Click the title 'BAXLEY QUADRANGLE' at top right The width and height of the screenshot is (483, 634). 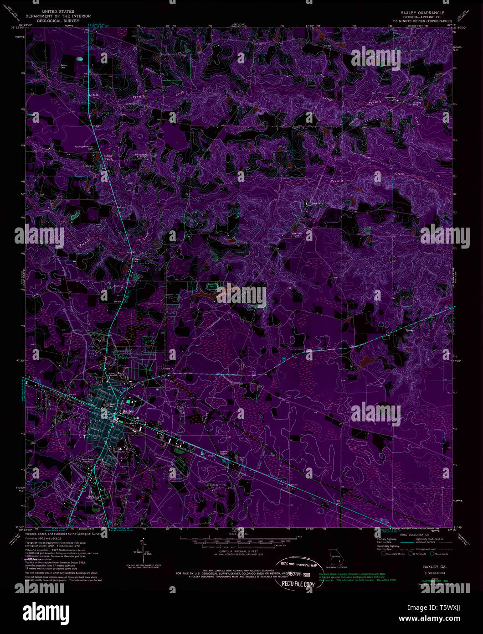421,13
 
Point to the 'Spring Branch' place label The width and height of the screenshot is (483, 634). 108,157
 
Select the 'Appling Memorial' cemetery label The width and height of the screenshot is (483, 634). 84,147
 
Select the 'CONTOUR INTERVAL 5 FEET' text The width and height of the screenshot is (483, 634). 235,551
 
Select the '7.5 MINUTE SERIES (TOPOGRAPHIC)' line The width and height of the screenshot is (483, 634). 421,21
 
